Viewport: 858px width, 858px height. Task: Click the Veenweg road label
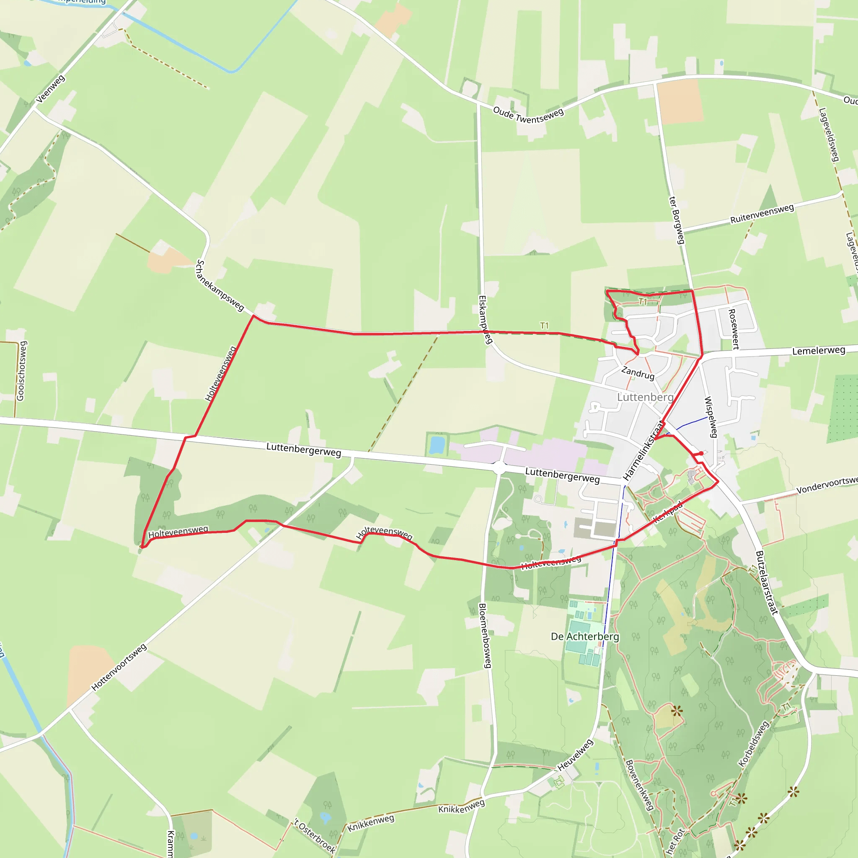50,89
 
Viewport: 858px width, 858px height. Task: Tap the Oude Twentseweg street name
528,116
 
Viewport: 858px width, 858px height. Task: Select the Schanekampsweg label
220,286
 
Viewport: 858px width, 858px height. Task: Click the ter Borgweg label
677,220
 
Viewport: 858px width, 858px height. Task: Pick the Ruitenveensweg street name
762,214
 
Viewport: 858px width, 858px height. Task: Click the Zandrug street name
638,372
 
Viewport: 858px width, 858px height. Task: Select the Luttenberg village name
645,397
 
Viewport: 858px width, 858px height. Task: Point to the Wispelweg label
711,417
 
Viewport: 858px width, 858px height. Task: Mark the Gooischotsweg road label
21,371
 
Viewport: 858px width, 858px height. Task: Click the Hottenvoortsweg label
119,667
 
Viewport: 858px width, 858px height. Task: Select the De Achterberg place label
585,636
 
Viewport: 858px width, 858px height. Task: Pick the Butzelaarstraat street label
767,583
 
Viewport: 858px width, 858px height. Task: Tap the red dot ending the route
701,453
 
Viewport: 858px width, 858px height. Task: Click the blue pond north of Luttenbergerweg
437,444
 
